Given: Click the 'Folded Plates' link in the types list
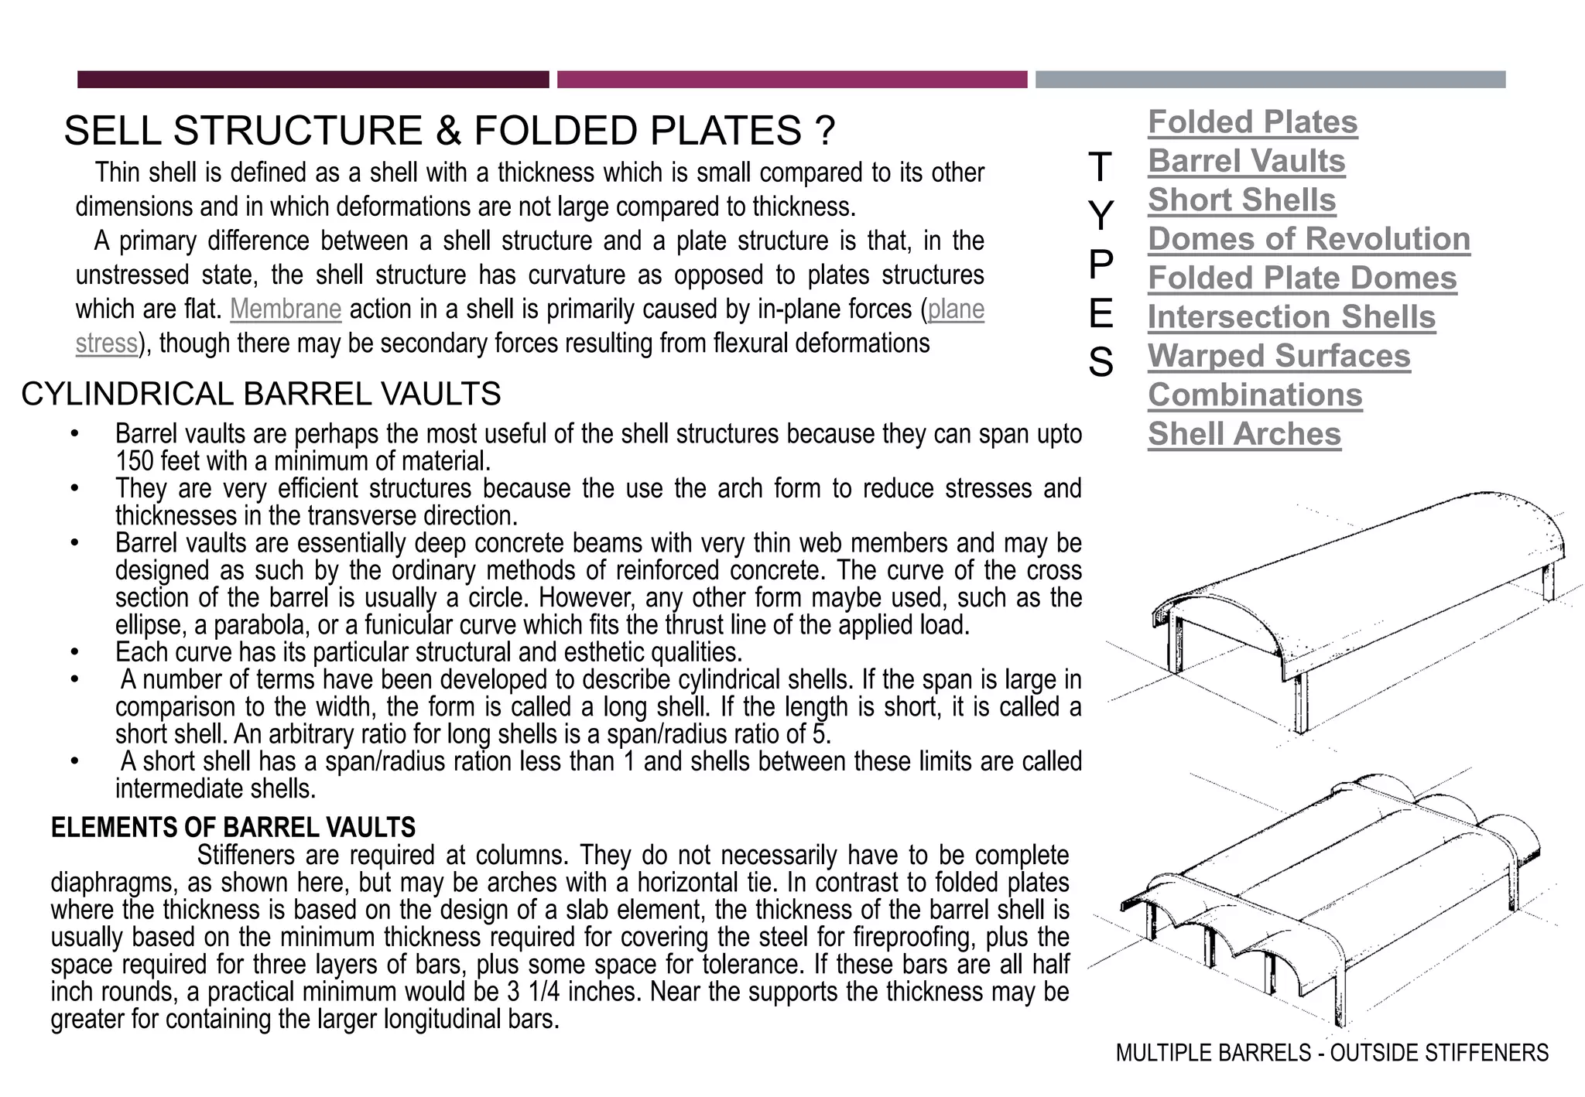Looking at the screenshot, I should point(1252,122).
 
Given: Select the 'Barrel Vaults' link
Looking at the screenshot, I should point(1246,161).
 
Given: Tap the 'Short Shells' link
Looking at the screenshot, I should point(1241,200).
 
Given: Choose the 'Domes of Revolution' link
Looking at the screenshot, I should point(1309,239).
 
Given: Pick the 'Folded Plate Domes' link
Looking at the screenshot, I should point(1302,279).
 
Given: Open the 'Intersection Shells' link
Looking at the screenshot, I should point(1291,317).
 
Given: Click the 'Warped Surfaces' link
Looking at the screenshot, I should point(1279,356).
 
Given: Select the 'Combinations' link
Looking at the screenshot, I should point(1255,395).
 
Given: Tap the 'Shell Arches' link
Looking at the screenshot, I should point(1244,434).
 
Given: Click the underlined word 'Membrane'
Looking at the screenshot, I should point(286,309).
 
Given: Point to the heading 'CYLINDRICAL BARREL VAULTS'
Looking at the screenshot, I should point(261,395).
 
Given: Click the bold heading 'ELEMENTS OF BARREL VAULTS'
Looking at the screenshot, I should point(233,828).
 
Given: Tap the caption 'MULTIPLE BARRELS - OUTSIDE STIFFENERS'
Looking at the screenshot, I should point(1332,1053).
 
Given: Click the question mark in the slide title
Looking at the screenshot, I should point(825,131).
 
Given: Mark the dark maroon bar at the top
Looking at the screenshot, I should point(313,80).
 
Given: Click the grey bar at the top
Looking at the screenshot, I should point(1270,80).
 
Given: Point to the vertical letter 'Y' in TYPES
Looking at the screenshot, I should point(1100,216).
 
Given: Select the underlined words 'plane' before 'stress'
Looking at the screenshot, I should point(956,309).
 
